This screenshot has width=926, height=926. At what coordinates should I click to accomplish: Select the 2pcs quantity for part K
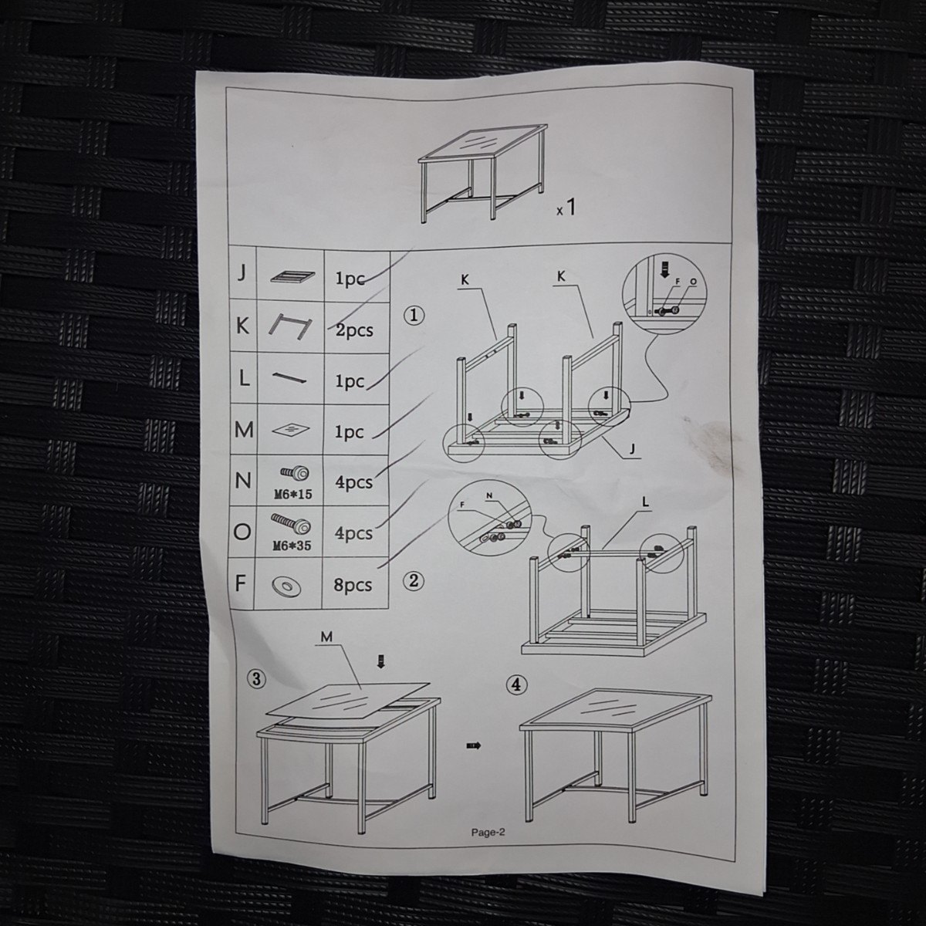tap(354, 330)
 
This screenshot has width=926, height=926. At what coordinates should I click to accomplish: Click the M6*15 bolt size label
tap(292, 494)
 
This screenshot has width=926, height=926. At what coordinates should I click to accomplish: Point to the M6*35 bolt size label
tap(292, 546)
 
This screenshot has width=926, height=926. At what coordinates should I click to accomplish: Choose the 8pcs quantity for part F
tap(353, 585)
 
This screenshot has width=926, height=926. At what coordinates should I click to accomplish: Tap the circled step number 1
tap(414, 316)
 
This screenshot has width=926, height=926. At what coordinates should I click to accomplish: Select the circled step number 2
tap(414, 581)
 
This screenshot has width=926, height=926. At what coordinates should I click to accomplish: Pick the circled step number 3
tap(256, 679)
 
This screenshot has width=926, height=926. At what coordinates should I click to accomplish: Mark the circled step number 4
tap(516, 684)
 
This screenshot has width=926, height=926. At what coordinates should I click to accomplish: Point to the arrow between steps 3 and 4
tap(473, 745)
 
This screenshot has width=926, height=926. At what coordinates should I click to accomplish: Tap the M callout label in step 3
tap(326, 637)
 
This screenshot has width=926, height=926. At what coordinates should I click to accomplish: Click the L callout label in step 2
tap(645, 502)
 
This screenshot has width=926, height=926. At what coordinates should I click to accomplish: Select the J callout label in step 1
tap(633, 449)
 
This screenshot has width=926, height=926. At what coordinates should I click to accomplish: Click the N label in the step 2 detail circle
tap(488, 495)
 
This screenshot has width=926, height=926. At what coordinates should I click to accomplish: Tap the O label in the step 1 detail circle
tap(693, 282)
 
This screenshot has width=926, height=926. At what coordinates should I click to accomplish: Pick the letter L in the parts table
tap(244, 379)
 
